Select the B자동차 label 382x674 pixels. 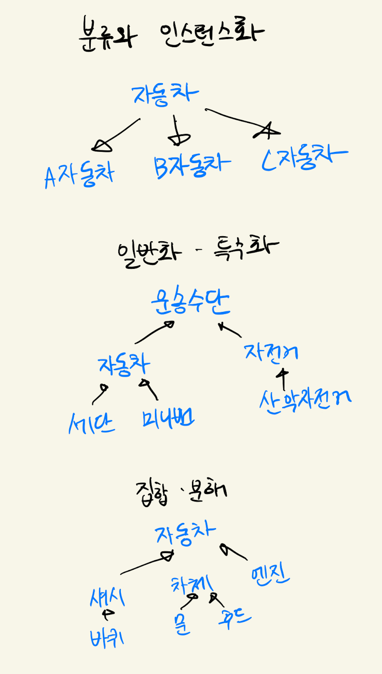[193, 166]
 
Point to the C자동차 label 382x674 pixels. [305, 159]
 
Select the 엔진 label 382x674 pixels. [271, 576]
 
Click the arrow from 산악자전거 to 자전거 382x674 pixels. [284, 380]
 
